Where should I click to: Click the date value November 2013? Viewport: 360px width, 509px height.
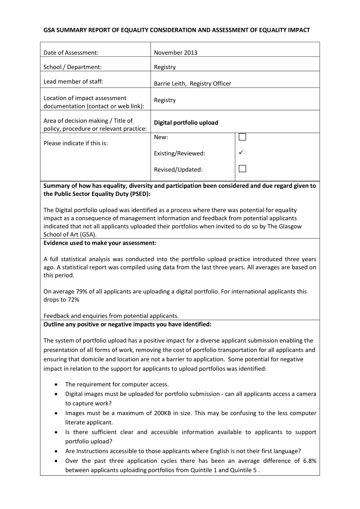(x=176, y=53)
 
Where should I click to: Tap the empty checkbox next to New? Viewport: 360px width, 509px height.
(x=242, y=137)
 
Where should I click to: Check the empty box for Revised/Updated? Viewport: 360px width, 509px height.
(x=242, y=169)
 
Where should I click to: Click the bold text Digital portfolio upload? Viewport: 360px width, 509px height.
(x=186, y=122)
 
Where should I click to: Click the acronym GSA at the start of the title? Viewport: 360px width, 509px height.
(x=50, y=30)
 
